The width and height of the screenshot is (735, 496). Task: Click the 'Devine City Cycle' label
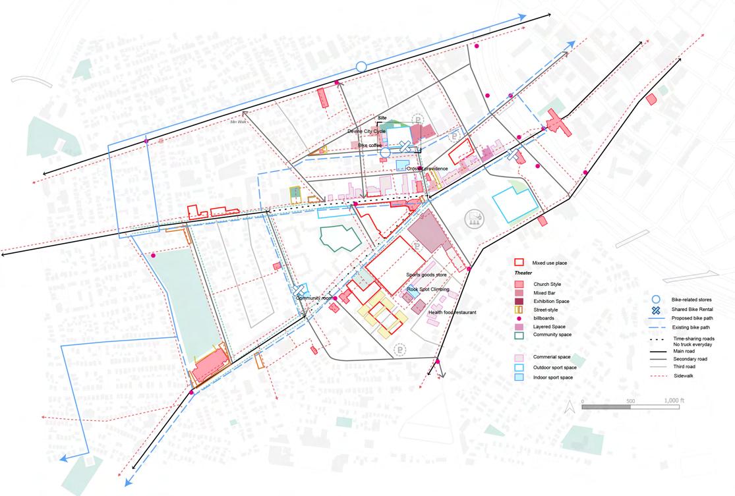[366, 132]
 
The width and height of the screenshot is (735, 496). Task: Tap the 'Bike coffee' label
[370, 145]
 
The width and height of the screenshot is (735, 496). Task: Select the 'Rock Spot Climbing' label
[428, 289]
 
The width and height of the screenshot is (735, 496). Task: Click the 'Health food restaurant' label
[452, 312]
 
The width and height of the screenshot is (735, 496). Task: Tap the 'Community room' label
[312, 298]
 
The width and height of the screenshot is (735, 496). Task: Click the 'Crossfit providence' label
[427, 169]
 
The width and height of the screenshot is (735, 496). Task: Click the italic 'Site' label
[381, 118]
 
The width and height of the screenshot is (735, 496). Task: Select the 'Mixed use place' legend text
[549, 263]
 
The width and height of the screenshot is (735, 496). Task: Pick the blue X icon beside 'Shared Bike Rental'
[656, 310]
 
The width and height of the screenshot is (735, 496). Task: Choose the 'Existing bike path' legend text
[691, 327]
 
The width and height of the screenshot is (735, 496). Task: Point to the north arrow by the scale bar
[572, 408]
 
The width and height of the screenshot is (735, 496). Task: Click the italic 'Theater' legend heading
[523, 273]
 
